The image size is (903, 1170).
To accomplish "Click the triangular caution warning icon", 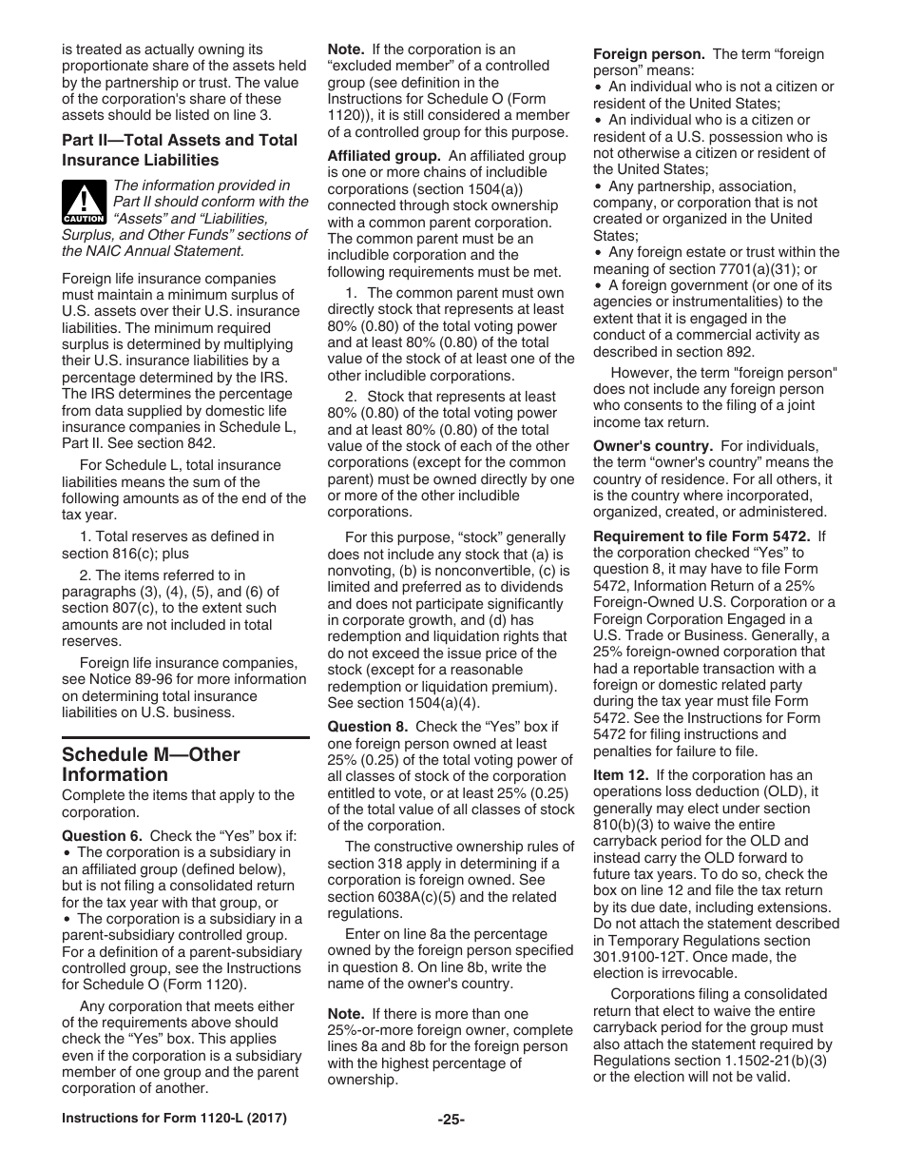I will pyautogui.click(x=84, y=202).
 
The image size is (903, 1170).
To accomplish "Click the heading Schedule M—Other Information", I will pyautogui.click(x=150, y=764).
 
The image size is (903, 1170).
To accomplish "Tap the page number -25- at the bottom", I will pyautogui.click(x=451, y=1120).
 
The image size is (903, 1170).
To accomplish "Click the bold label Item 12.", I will pyautogui.click(x=622, y=775).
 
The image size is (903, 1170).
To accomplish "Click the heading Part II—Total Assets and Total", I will pyautogui.click(x=180, y=140).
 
